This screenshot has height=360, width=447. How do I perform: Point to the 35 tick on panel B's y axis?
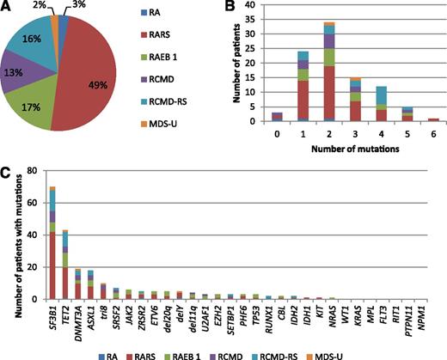pos(268,20)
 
